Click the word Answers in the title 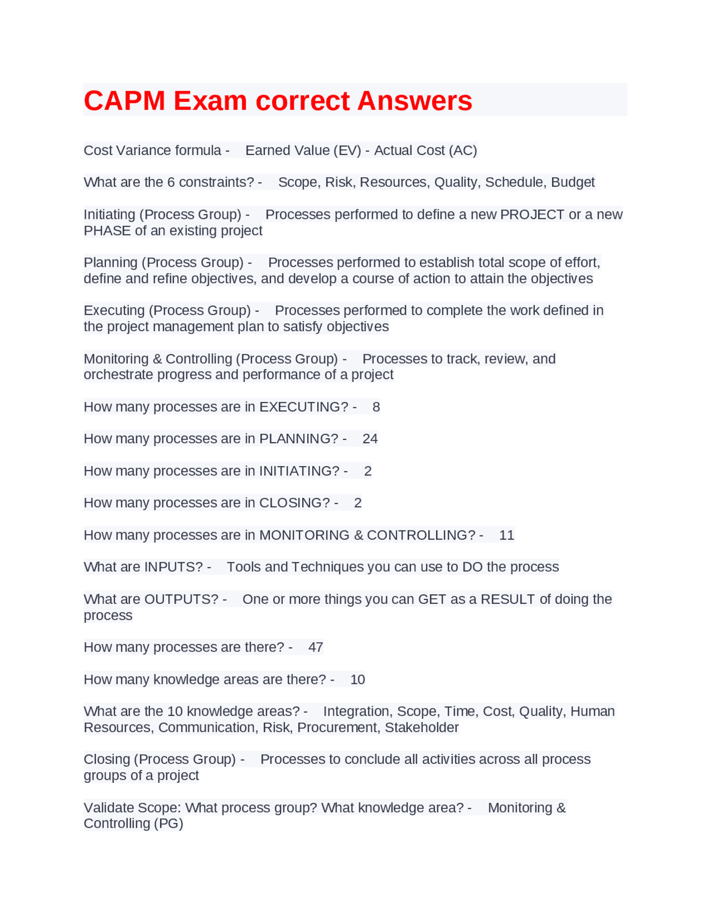pyautogui.click(x=414, y=101)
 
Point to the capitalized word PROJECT pyautogui.click(x=532, y=214)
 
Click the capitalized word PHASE pyautogui.click(x=107, y=231)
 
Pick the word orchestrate pyautogui.click(x=118, y=375)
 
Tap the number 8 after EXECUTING pyautogui.click(x=376, y=407)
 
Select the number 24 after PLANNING pyautogui.click(x=370, y=439)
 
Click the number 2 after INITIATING pyautogui.click(x=368, y=471)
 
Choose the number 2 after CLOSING pyautogui.click(x=358, y=503)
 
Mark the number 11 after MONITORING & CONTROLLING pyautogui.click(x=507, y=535)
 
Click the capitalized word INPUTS pyautogui.click(x=173, y=567)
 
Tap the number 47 pyautogui.click(x=316, y=647)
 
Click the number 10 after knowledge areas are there pyautogui.click(x=358, y=679)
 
